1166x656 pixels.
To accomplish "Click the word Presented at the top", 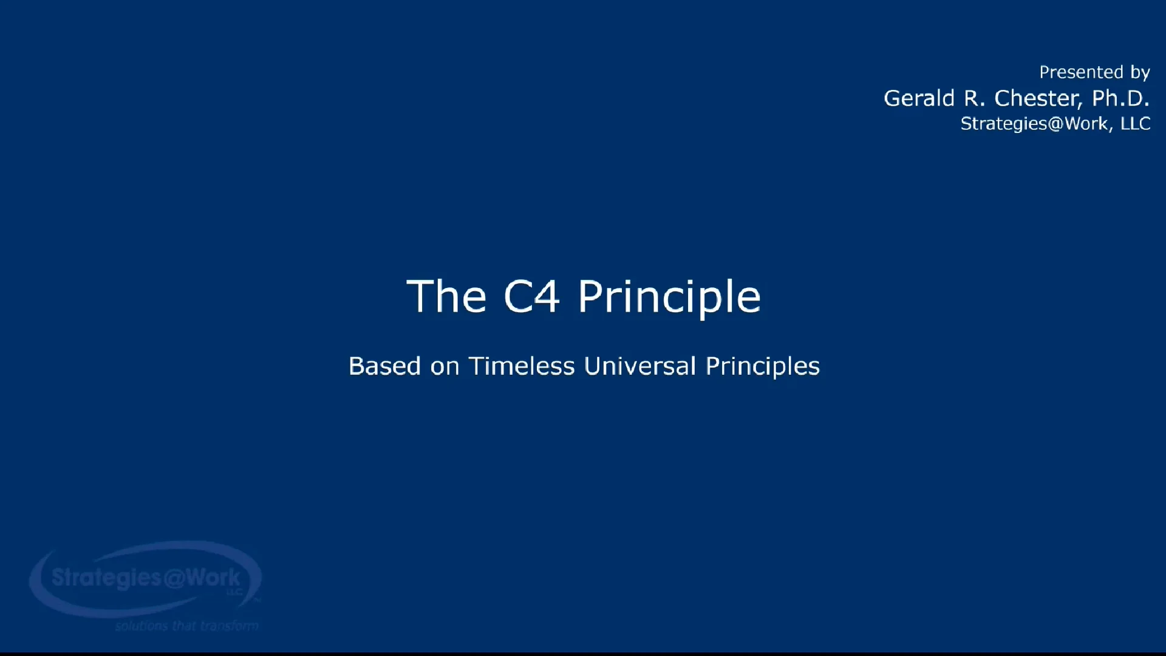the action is pyautogui.click(x=1082, y=72).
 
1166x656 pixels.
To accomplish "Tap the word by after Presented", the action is pyautogui.click(x=1140, y=73).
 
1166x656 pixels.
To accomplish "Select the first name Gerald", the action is pyautogui.click(x=919, y=98).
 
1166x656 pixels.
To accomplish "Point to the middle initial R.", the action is pyautogui.click(x=973, y=98).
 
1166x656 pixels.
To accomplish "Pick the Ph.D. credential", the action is pyautogui.click(x=1120, y=98).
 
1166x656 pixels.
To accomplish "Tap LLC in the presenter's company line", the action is pyautogui.click(x=1136, y=123).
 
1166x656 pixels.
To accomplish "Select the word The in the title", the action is pyautogui.click(x=446, y=296).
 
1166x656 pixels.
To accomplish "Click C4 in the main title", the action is pyautogui.click(x=531, y=296).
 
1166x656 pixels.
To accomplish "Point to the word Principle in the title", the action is pyautogui.click(x=669, y=298).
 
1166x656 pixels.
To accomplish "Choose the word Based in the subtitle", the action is pyautogui.click(x=385, y=366).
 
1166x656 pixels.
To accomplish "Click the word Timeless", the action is pyautogui.click(x=522, y=366).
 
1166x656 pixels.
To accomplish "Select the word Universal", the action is pyautogui.click(x=640, y=366).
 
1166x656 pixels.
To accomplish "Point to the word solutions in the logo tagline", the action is pyautogui.click(x=141, y=626).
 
